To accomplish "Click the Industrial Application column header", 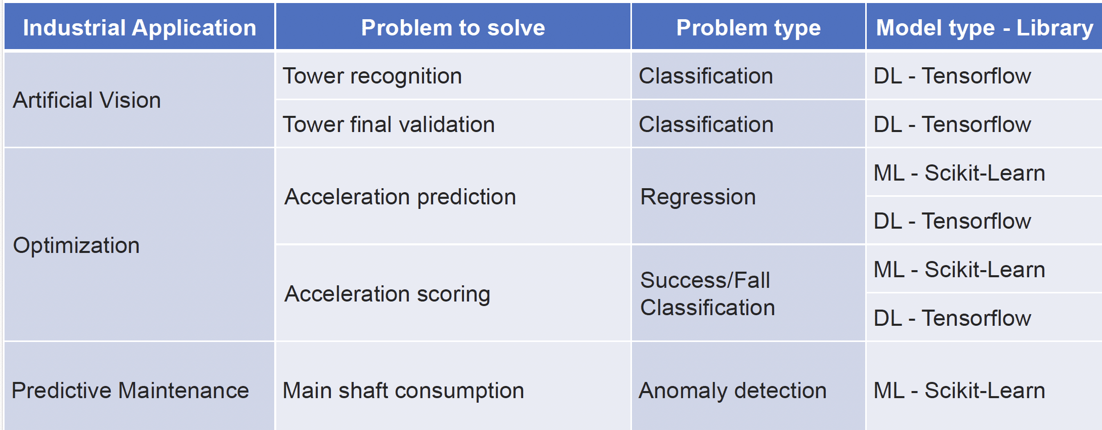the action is [140, 28].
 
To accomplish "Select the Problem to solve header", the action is [453, 28].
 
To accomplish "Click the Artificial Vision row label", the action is [87, 100].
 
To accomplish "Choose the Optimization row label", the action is [76, 246].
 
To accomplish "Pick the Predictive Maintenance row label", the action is [130, 391].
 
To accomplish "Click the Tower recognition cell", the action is [372, 76].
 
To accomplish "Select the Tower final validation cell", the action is [389, 124].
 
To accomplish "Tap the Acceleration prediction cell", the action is [400, 197].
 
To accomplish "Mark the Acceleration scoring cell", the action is [388, 294].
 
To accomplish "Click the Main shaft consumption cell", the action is [403, 391].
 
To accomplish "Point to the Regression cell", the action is [698, 197].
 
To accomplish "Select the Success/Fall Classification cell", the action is [707, 294].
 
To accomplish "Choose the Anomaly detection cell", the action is [733, 391].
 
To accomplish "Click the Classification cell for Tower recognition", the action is [706, 76].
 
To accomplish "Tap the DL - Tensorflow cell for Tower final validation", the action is [952, 124].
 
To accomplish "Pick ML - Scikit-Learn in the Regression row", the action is [959, 173].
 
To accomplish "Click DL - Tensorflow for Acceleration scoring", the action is [952, 318].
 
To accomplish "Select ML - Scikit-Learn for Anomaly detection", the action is [959, 391].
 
